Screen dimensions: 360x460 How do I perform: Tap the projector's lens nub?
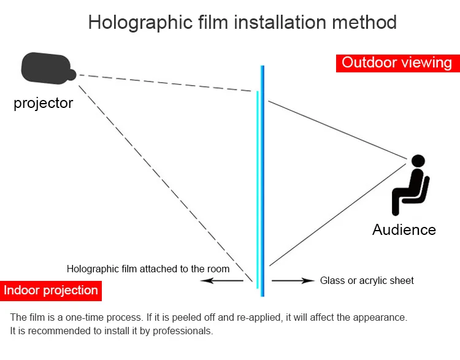pos(71,75)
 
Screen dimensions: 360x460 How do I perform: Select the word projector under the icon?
pos(43,103)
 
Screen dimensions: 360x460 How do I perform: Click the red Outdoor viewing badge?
pos(397,63)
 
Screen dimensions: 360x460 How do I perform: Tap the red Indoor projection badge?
pos(51,290)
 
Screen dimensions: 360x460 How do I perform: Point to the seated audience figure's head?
pos(418,161)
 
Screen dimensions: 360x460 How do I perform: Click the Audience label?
pos(404,230)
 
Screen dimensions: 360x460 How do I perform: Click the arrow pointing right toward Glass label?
pos(293,281)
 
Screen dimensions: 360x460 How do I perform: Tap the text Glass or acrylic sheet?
pos(367,281)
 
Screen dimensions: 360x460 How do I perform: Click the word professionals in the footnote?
pos(183,331)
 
